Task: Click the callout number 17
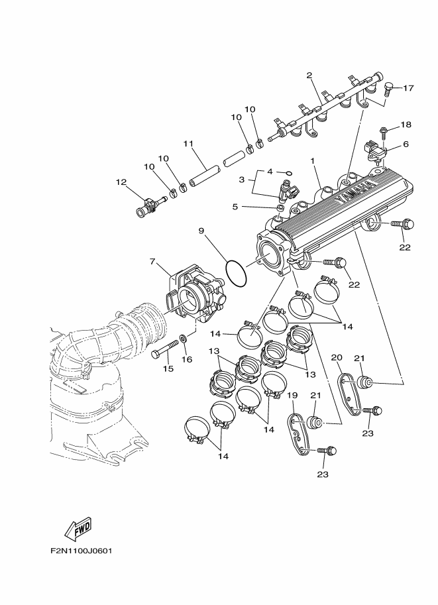tap(408, 87)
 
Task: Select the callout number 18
tap(406, 125)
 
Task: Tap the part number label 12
tap(121, 182)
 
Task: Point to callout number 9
tap(201, 231)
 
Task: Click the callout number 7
tap(153, 263)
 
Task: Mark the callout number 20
tap(336, 358)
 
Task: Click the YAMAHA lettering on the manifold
tap(355, 192)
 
